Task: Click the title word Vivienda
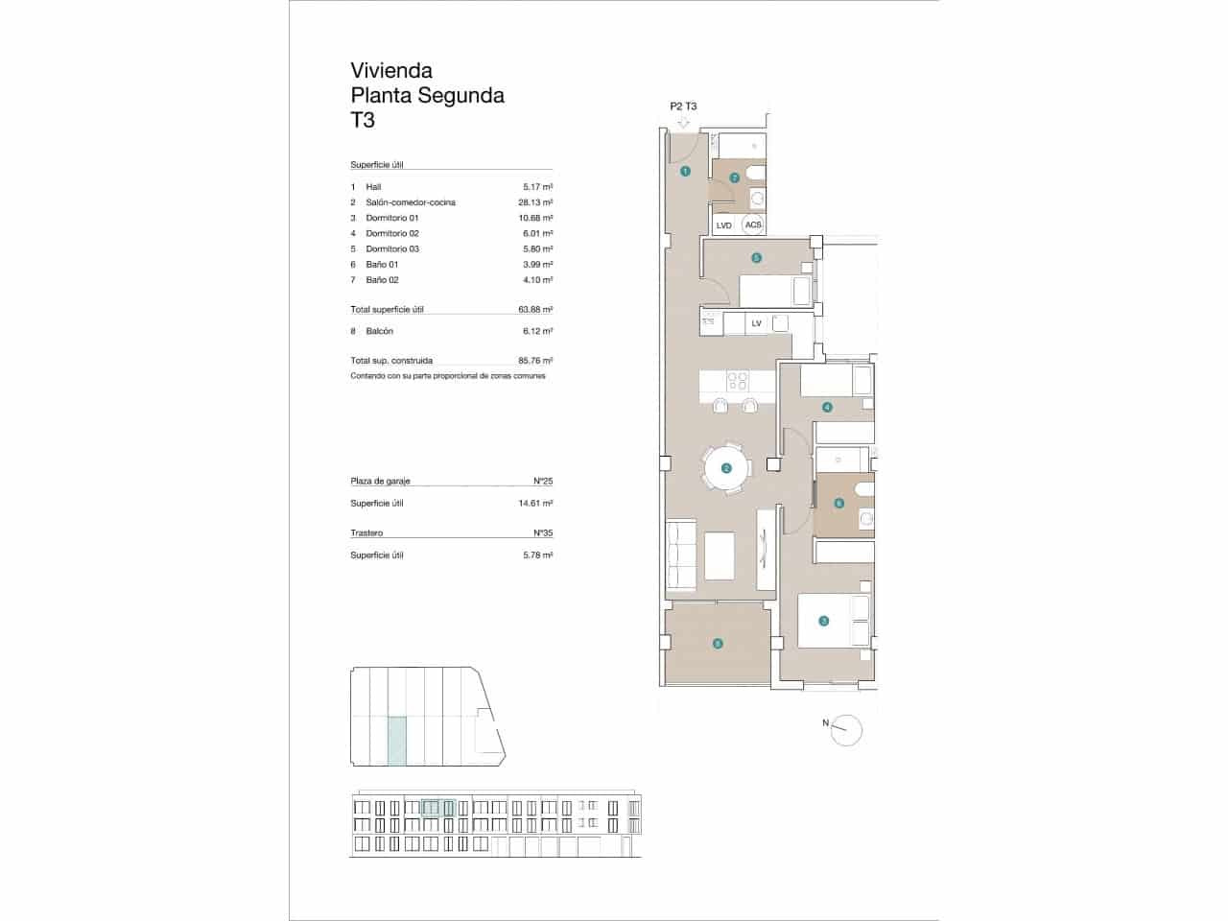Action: tap(391, 70)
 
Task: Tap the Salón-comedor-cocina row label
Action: tap(411, 202)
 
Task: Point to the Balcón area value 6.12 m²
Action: tap(535, 331)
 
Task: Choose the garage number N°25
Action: tap(543, 481)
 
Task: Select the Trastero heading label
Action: tap(366, 532)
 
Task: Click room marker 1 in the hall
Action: tap(685, 172)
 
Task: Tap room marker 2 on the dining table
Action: tap(726, 468)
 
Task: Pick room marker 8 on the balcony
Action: tap(718, 644)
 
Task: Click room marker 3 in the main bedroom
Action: tap(823, 621)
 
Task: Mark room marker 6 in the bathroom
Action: tap(838, 503)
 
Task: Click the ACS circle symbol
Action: tap(754, 225)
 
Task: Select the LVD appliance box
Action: tap(724, 225)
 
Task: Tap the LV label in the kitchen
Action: tap(756, 323)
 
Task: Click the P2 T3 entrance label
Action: tap(683, 106)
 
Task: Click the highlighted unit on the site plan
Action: tap(396, 741)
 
